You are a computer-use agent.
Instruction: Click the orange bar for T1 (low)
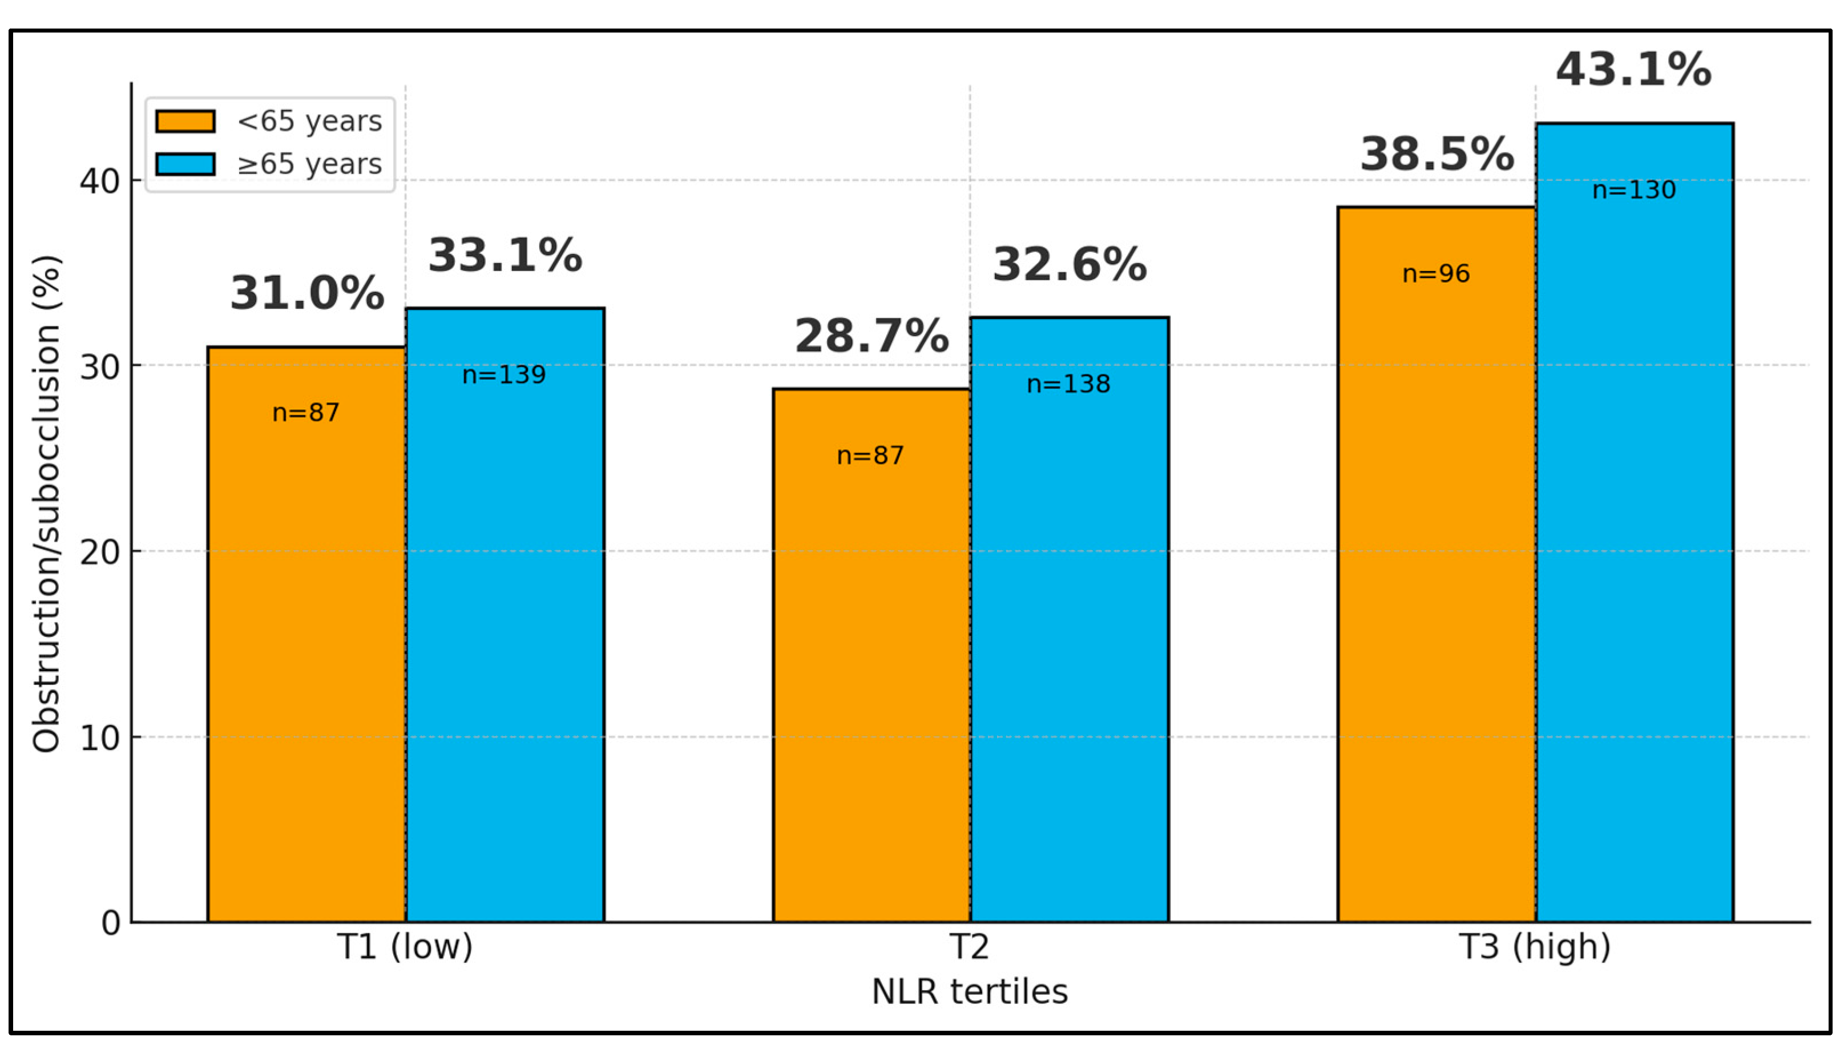click(306, 634)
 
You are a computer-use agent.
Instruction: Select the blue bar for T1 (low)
click(505, 615)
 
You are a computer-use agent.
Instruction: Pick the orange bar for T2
click(871, 655)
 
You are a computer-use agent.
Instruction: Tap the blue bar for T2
click(1070, 619)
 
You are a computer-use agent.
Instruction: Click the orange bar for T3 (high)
click(1437, 564)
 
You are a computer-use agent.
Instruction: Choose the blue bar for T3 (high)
click(1635, 522)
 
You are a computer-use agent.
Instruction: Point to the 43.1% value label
click(1634, 70)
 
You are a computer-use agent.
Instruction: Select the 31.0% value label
click(307, 293)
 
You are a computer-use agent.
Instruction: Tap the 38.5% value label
click(1437, 154)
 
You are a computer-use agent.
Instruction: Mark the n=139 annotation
click(504, 374)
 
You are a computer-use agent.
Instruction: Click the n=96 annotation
click(1436, 273)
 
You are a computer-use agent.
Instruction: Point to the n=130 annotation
click(1634, 189)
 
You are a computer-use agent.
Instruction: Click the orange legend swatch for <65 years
click(185, 121)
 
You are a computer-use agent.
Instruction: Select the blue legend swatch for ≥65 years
click(185, 164)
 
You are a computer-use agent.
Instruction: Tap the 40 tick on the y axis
click(100, 181)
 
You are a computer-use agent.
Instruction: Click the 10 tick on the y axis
click(100, 738)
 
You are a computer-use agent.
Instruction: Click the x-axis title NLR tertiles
click(970, 991)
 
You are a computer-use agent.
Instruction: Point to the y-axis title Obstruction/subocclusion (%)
click(46, 503)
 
